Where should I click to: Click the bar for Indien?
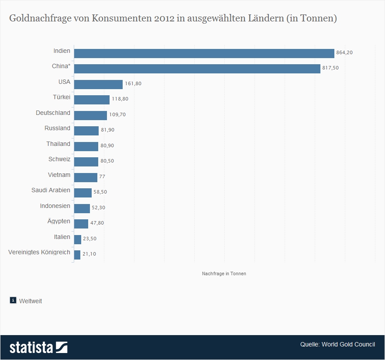point(204,53)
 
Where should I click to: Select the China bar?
point(197,69)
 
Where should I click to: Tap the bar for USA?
point(98,84)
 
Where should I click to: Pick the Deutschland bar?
point(90,115)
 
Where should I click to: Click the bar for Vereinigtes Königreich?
point(77,255)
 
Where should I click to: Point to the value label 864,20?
point(344,52)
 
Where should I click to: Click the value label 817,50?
point(330,68)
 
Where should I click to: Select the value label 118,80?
point(120,99)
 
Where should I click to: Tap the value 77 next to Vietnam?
point(102,177)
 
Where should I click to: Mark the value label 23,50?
point(89,239)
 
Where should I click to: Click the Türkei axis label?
point(61,97)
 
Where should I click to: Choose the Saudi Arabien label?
point(51,190)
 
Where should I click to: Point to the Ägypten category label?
point(58,221)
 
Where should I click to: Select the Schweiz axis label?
point(59,159)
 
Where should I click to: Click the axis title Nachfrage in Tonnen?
point(224,273)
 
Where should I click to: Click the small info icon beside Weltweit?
point(13,300)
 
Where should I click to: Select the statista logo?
point(38,347)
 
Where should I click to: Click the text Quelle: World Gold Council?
point(337,344)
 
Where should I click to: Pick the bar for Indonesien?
point(82,208)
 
